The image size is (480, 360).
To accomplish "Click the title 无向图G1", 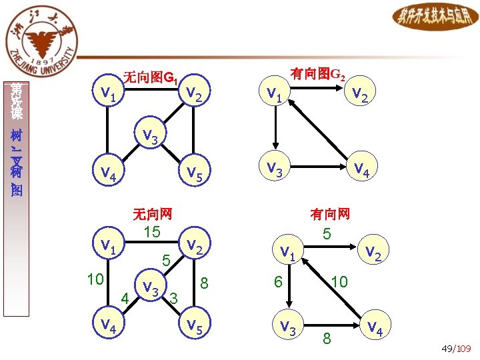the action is tap(151, 77).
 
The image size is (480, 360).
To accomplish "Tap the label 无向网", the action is tap(153, 213).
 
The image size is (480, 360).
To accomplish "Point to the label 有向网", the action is tap(329, 213).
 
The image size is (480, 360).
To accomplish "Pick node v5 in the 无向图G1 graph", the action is tap(195, 173).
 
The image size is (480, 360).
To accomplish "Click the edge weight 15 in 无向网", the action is tap(152, 231).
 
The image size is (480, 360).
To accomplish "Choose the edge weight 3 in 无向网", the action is tap(173, 297).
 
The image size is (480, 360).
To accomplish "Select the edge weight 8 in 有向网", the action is tap(326, 338).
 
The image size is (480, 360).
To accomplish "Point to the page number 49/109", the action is tap(456, 349).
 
